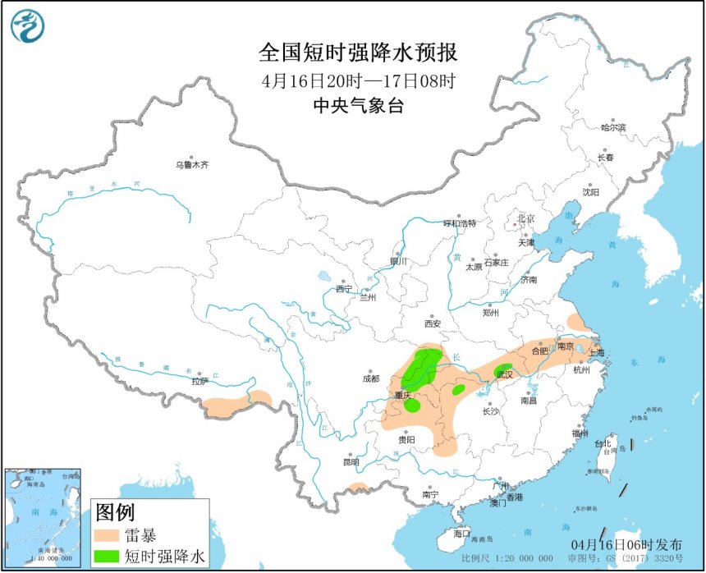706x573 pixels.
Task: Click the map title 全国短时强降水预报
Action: click(358, 53)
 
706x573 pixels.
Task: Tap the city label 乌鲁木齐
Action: click(192, 165)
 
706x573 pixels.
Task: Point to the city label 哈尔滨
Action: click(612, 128)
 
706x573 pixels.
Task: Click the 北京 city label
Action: click(525, 219)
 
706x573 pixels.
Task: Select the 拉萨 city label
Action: click(200, 381)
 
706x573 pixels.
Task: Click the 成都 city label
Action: click(370, 378)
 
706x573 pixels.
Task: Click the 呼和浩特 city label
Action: click(460, 223)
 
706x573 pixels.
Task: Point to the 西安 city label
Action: click(433, 323)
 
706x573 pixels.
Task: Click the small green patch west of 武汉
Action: click(459, 389)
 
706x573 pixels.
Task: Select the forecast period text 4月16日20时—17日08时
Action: click(358, 81)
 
